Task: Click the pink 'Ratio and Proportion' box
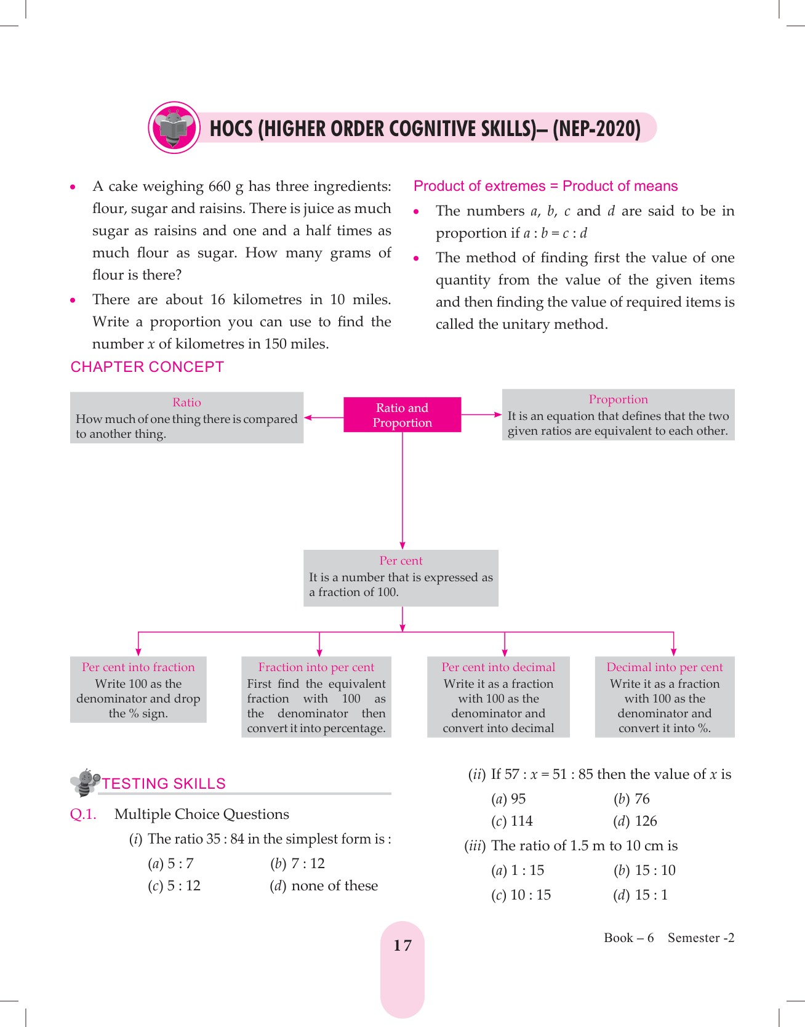402,415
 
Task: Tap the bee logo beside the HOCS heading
174,127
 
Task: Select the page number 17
402,945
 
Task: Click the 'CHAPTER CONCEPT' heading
147,367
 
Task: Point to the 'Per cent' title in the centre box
401,560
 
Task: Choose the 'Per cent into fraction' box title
138,667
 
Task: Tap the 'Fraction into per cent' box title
316,667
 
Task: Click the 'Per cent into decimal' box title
498,667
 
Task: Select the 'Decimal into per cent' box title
664,667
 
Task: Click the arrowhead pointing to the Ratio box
308,417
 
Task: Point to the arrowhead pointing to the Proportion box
498,415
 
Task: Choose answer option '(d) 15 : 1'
640,895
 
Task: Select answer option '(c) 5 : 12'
174,885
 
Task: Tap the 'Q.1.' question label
83,814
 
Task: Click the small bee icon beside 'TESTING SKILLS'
85,782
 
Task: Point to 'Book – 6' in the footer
628,938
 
